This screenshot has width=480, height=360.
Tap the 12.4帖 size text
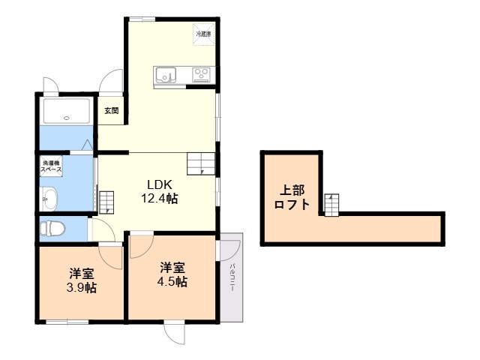point(160,199)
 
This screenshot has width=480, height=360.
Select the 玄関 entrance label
point(111,110)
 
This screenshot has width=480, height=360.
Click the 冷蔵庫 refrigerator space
point(203,34)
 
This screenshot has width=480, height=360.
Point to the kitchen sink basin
point(165,74)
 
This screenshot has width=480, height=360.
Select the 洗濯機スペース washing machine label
point(51,166)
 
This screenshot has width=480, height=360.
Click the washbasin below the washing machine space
point(49,199)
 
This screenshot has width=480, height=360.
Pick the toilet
point(53,228)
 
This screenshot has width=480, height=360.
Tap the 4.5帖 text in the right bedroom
point(172,282)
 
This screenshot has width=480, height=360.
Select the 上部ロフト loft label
point(291,197)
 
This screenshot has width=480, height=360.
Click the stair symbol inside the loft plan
point(331,202)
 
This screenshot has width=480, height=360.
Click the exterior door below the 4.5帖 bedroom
point(174,334)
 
